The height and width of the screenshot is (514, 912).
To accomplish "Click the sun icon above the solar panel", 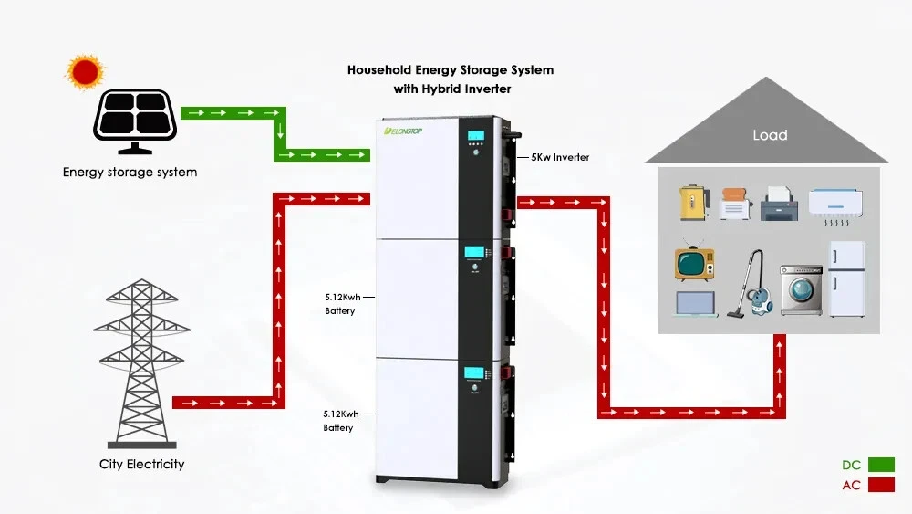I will coord(85,71).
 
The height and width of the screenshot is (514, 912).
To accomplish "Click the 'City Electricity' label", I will coord(141,465).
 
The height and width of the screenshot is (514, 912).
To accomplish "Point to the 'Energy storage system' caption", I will coord(130,172).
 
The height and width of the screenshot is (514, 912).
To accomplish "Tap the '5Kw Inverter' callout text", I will coord(560,157).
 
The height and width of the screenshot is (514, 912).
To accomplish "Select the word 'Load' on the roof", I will coord(769,135).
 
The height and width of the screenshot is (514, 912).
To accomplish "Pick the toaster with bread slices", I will coord(735,204).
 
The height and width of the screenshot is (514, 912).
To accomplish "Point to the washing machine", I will coord(800,289).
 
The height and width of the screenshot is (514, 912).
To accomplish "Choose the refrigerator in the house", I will coord(845,278).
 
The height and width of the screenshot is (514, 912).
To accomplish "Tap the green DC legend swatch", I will coord(880,465).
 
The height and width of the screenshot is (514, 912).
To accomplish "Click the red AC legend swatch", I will coord(880,485).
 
